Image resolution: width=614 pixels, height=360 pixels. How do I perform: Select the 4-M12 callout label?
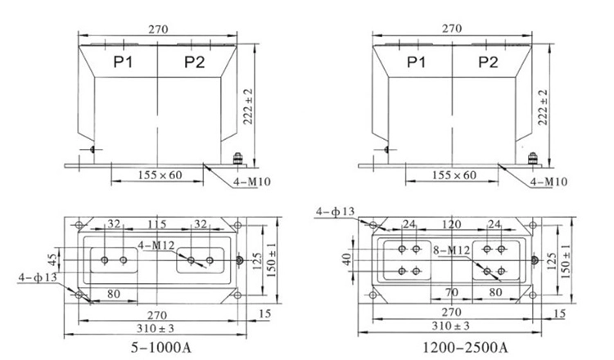click(156, 244)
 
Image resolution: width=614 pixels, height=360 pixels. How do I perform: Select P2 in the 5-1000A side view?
click(194, 62)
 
